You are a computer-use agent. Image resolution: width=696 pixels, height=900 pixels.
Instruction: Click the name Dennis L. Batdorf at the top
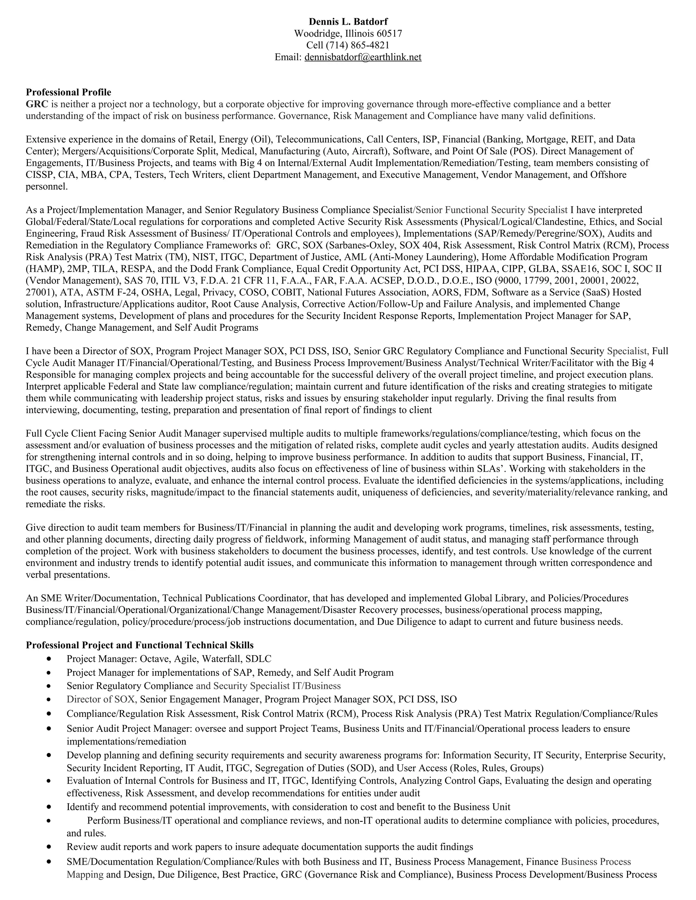[x=348, y=21]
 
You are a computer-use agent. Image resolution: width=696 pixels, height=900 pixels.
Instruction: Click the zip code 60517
[x=389, y=33]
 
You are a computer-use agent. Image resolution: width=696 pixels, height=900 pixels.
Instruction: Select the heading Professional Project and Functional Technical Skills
[x=139, y=645]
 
